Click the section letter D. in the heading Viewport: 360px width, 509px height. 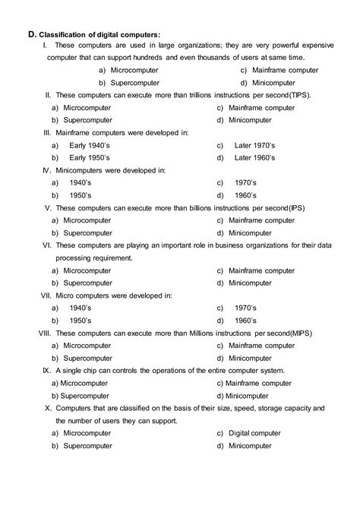31,34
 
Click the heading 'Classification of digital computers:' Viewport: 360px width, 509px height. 99,35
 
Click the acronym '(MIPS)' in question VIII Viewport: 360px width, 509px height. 298,334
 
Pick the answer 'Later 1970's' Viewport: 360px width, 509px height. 256,144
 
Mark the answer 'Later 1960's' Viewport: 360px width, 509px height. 256,157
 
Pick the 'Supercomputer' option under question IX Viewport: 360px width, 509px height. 84,396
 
